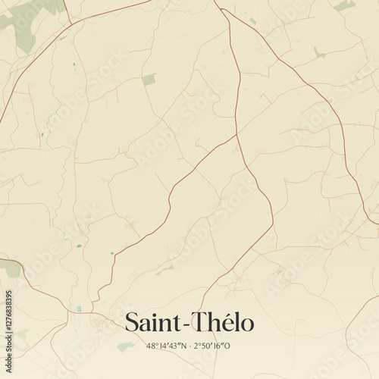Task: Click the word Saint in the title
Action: [x=151, y=323]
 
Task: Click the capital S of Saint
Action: [x=132, y=323]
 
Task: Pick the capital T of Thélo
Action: [x=194, y=323]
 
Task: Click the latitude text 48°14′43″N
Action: [x=166, y=346]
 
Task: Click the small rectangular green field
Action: [x=149, y=79]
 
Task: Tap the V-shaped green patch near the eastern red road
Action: [x=319, y=53]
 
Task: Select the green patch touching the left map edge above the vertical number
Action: [x=9, y=268]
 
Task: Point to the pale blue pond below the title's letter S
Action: [x=126, y=346]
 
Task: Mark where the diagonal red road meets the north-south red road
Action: [x=236, y=136]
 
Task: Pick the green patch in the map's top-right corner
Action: [x=345, y=5]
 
